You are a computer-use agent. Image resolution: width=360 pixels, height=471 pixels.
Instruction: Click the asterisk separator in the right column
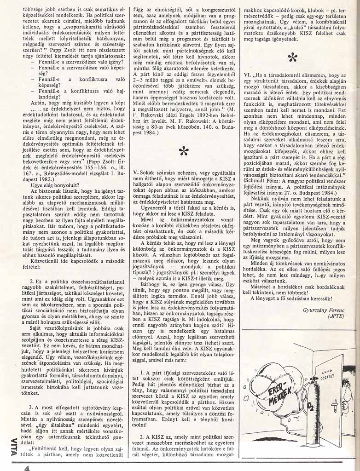(x=293, y=57)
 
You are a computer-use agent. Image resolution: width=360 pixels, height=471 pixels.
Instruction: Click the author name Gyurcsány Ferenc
(x=325, y=310)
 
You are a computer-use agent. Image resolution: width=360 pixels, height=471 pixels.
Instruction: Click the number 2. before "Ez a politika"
(x=32, y=281)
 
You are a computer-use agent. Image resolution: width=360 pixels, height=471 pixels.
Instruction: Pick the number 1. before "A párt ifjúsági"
(x=143, y=371)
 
